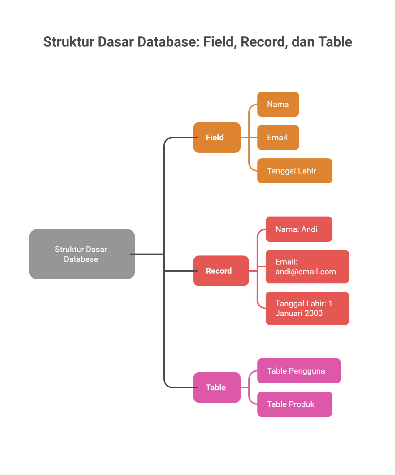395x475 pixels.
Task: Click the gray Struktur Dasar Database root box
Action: (82, 254)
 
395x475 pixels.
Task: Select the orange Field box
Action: (217, 137)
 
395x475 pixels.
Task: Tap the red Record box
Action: (221, 271)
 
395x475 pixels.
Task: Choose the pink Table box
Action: (217, 387)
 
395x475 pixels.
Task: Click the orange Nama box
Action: (278, 104)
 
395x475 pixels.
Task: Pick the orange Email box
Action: (278, 137)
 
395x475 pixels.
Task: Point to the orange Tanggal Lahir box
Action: (294, 171)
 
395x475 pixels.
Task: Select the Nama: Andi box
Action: (299, 229)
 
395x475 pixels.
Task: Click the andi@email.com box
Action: (307, 267)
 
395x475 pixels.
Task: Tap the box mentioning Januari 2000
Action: (307, 308)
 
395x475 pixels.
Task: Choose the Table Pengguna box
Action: (299, 371)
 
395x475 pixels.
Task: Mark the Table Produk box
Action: (294, 404)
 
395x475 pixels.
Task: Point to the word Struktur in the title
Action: (68, 42)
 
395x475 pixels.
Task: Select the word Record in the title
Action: (263, 42)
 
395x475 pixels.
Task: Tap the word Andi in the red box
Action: (309, 229)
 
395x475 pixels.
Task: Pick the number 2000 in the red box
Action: (313, 313)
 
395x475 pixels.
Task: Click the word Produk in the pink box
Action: (302, 404)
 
